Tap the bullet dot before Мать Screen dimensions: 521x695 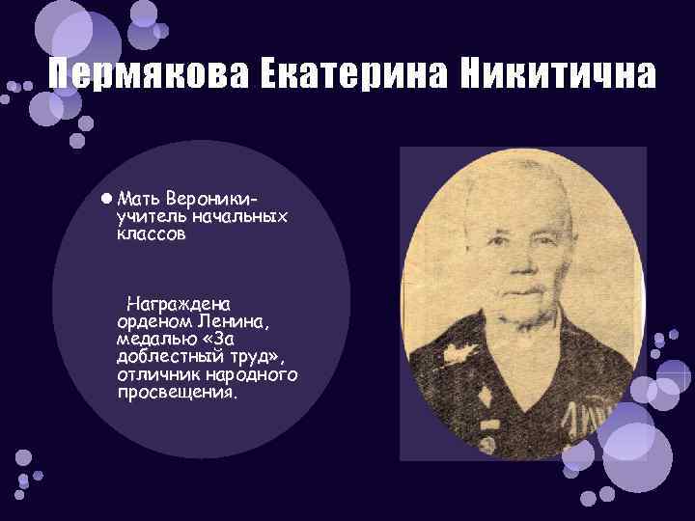click(104, 198)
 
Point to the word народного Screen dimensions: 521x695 click(250, 374)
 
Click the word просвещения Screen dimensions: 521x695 click(176, 393)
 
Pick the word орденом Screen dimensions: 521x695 click(155, 321)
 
